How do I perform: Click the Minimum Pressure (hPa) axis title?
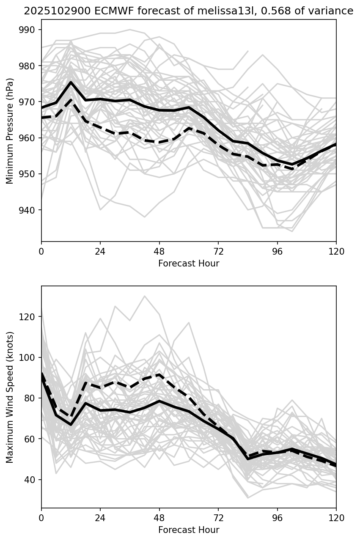10,131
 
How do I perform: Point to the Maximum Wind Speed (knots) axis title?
10,397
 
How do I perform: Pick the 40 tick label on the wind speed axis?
31,480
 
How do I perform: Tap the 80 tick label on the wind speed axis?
31,398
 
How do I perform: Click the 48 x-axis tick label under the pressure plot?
159,251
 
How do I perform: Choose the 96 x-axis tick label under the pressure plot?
277,251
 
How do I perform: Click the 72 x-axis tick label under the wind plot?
218,518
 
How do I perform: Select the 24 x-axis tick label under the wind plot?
100,518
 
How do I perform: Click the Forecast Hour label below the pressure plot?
189,264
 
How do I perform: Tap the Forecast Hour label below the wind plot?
189,530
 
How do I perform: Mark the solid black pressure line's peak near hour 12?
71,82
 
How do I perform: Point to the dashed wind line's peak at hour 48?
159,374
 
